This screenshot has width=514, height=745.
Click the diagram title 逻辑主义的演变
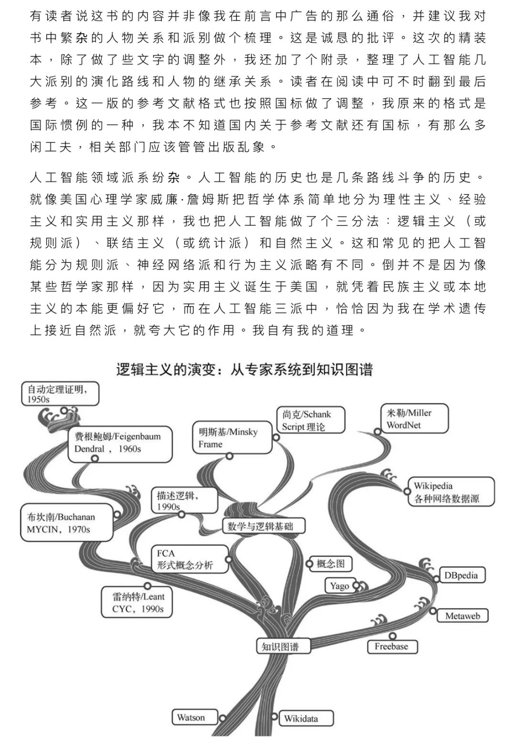tap(244, 370)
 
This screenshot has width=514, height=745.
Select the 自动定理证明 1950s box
tap(60, 394)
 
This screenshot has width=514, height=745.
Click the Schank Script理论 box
tap(310, 420)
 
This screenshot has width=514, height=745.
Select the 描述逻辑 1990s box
tap(184, 501)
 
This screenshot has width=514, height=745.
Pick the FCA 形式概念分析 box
tap(189, 559)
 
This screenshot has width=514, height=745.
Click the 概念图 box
tap(330, 564)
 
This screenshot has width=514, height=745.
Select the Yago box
tap(340, 585)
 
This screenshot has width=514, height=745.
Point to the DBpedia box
tap(460, 575)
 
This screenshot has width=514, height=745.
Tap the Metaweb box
tap(462, 616)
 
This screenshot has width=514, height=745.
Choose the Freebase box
tap(392, 646)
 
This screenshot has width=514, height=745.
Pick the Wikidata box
tap(305, 718)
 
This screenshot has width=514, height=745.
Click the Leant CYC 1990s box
tap(138, 603)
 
